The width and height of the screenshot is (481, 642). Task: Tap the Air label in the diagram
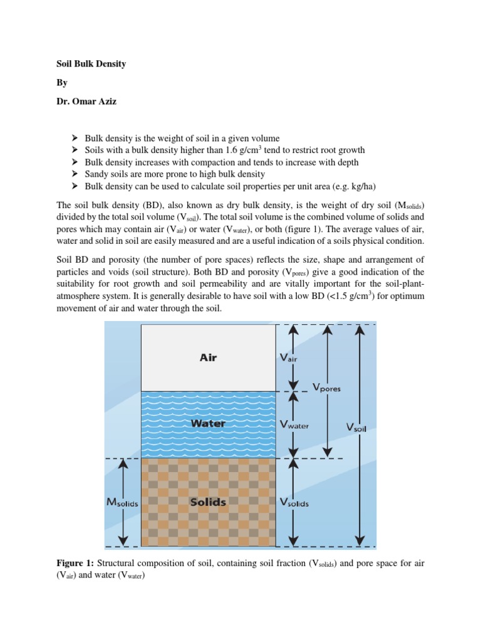208,358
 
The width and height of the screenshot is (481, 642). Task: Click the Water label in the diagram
208,423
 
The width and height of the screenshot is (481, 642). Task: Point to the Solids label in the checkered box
208,502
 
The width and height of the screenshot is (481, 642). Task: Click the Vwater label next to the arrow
294,425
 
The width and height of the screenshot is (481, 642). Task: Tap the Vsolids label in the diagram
294,503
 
